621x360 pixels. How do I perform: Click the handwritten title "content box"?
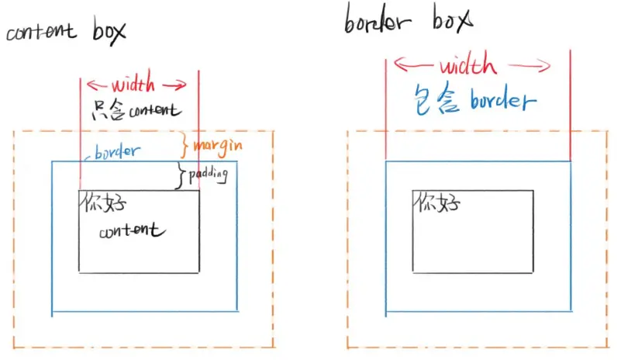tap(65, 33)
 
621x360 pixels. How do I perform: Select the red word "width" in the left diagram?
tap(133, 85)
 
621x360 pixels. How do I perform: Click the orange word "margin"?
tap(217, 145)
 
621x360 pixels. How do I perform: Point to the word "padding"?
tap(209, 175)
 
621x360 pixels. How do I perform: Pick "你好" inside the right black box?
tap(438, 203)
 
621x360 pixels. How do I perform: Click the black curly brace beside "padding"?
tap(182, 175)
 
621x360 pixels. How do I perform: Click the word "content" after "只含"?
tap(154, 110)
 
